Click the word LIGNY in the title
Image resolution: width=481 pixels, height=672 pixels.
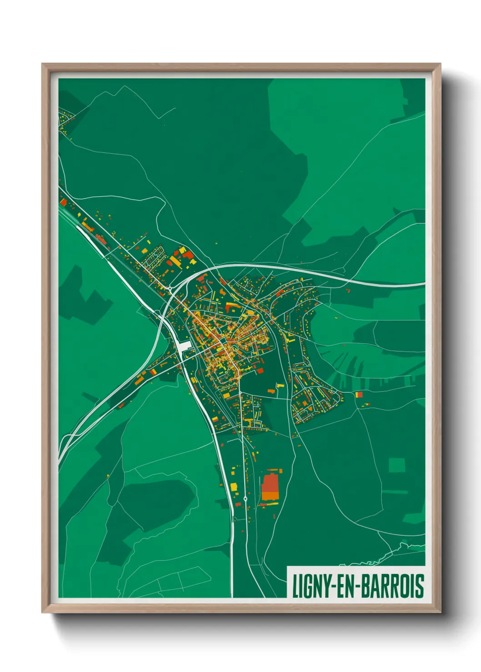[x=312, y=586]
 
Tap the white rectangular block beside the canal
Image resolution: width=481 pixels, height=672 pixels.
[x=184, y=347]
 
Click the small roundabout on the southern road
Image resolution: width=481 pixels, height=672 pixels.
[x=246, y=499]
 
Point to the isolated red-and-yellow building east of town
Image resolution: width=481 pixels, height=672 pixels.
[x=359, y=395]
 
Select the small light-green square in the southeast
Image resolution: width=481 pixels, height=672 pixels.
[x=396, y=465]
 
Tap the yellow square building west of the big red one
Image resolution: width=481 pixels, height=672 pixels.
[x=234, y=487]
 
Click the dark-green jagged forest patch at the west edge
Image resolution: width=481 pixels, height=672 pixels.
[x=82, y=295]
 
